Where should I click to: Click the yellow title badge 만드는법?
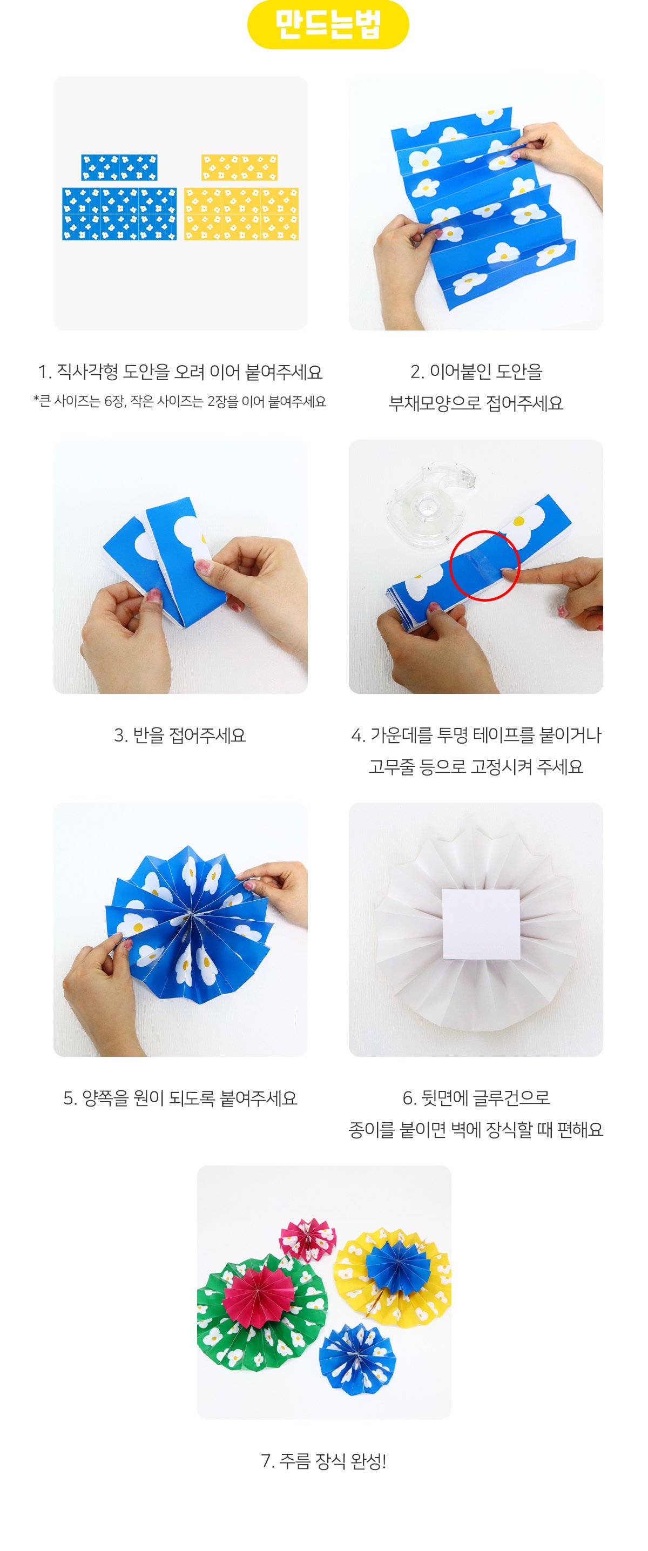tap(328, 24)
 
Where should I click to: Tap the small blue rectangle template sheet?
tap(119, 167)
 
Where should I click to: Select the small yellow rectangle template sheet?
tap(239, 167)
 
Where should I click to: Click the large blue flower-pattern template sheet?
tap(119, 214)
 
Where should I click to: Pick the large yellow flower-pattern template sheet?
tap(241, 214)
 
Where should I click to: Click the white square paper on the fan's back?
tap(481, 923)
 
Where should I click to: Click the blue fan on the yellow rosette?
tap(396, 1265)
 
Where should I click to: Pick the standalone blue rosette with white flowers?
tap(357, 1358)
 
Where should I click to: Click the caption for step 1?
tap(180, 372)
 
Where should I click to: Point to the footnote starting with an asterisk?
tap(179, 401)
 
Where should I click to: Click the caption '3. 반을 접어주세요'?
tap(180, 735)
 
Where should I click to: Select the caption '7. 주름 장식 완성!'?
tap(323, 1461)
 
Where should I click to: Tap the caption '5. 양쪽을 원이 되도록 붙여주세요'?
tap(180, 1098)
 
